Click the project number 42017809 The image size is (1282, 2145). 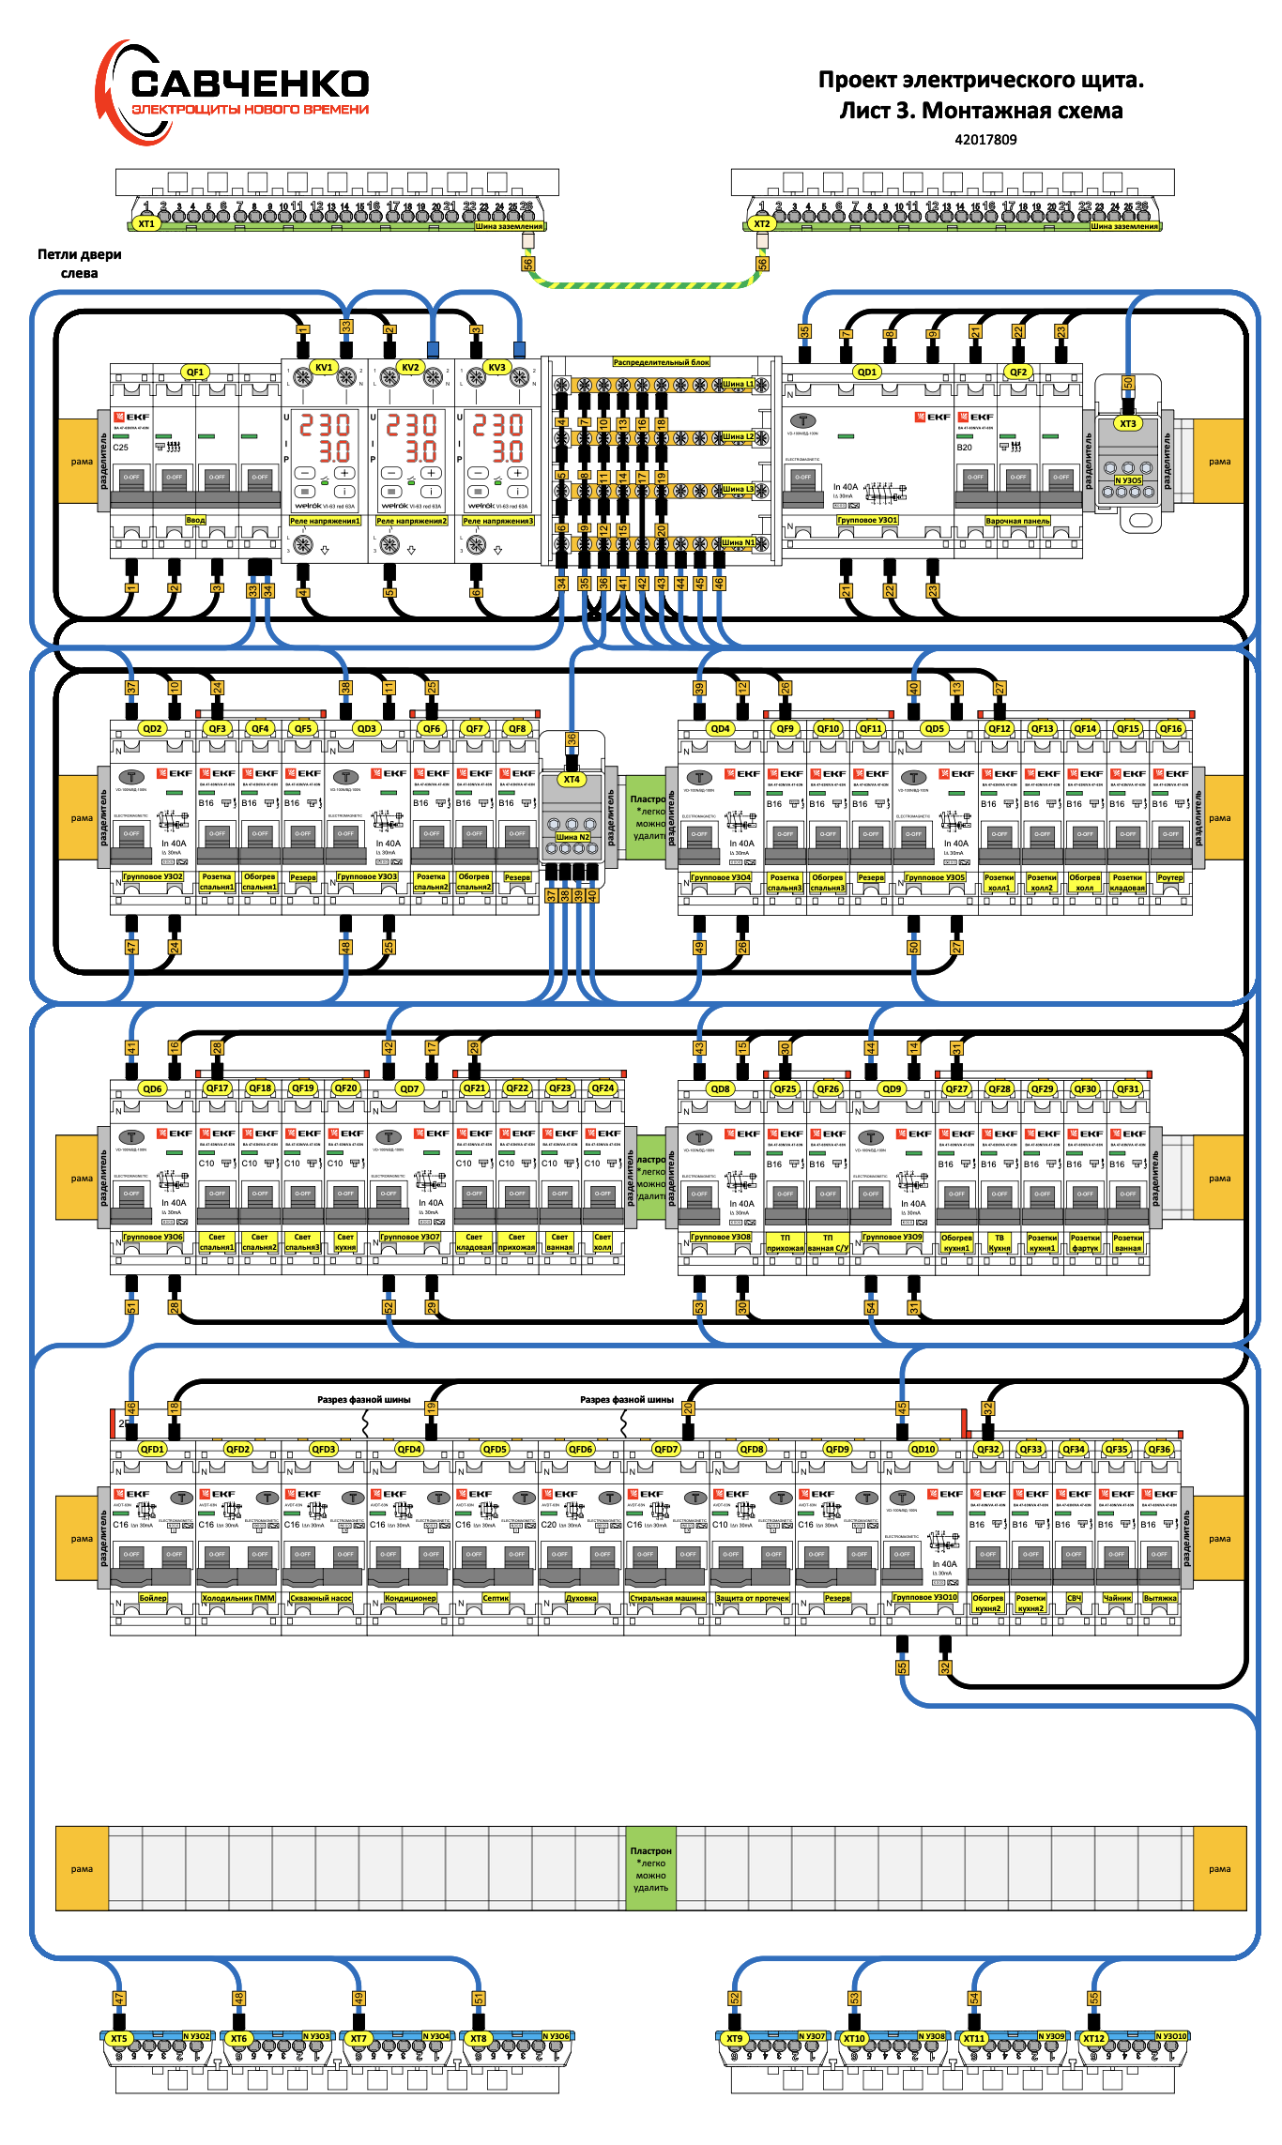(x=985, y=140)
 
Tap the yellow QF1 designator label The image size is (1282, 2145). (x=195, y=372)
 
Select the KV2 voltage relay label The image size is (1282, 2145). (x=410, y=367)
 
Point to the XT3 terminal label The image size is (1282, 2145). (x=1128, y=423)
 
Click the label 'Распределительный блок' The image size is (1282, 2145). (x=662, y=362)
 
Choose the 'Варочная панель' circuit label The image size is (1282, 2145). (x=1017, y=521)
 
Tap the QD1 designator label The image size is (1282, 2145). (x=866, y=372)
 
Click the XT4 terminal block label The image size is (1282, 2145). (x=572, y=779)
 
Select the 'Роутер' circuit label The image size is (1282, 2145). (x=1169, y=878)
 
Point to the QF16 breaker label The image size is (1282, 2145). (x=1170, y=728)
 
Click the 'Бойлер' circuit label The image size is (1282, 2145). (x=153, y=1598)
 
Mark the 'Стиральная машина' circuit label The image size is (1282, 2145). (x=667, y=1598)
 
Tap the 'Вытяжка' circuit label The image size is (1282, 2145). (x=1160, y=1598)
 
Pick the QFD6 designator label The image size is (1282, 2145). (x=581, y=1449)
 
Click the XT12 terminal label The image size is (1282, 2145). (x=1093, y=2038)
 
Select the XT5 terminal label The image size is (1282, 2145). (x=118, y=2038)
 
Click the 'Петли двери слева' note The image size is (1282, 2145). (x=80, y=264)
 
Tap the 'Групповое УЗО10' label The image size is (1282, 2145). (x=924, y=1597)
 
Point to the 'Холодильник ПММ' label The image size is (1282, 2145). (x=238, y=1598)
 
